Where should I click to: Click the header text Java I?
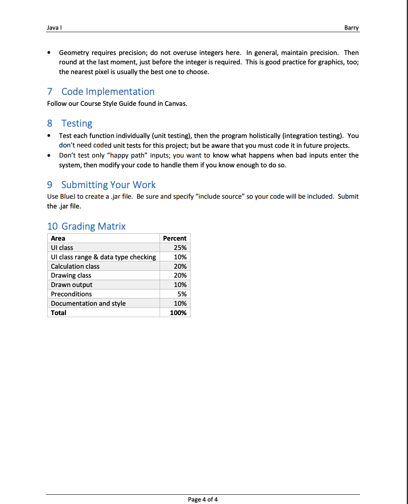tap(54, 28)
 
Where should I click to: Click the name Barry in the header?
tap(351, 28)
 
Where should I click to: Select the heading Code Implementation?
tap(108, 92)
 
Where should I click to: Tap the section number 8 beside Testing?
tap(50, 123)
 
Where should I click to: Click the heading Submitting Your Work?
tap(108, 185)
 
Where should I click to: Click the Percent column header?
tap(175, 238)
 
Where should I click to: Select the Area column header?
tap(58, 238)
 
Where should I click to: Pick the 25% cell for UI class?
tap(180, 248)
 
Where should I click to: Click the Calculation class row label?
tap(75, 266)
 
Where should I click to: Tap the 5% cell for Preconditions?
tap(182, 294)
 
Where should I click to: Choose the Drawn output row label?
tap(72, 285)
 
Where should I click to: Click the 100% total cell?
tap(178, 313)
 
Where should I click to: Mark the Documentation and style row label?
tap(88, 303)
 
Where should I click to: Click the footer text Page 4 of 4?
tap(203, 500)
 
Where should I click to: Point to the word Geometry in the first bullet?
tap(74, 53)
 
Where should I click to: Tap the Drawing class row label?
tap(71, 275)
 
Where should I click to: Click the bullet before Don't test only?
tap(49, 155)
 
